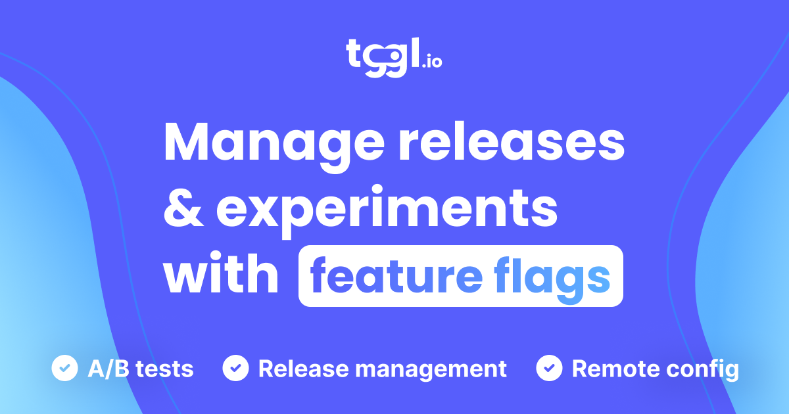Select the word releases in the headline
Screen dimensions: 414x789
510,144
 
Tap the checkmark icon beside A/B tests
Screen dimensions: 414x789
64,368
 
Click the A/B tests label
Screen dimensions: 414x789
141,369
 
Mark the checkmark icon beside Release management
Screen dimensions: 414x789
235,368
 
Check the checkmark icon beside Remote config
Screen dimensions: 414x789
549,368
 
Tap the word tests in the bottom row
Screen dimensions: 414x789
167,369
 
